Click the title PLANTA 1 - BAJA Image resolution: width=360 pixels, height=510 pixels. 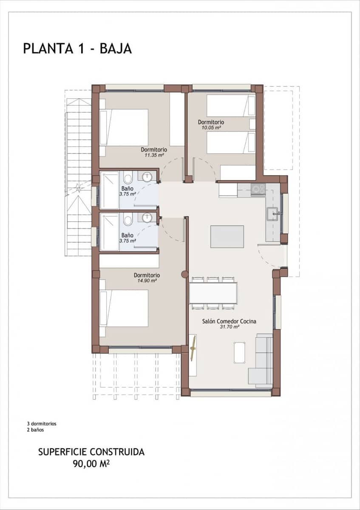77,48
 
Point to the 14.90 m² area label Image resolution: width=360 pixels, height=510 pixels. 147,280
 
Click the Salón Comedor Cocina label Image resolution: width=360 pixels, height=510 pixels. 229,321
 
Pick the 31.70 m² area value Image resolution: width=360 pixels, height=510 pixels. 229,327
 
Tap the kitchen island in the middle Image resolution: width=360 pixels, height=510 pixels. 227,237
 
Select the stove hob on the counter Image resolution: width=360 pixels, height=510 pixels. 258,189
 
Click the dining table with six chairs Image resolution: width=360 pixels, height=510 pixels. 213,293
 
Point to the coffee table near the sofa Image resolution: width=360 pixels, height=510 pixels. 240,352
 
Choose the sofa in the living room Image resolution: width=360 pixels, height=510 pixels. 262,360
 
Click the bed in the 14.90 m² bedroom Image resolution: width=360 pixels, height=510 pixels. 124,308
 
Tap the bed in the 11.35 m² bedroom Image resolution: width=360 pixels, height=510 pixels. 124,127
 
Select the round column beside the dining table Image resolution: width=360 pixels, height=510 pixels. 184,275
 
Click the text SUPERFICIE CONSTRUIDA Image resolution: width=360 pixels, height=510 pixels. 91,452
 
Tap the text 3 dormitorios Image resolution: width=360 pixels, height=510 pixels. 42,424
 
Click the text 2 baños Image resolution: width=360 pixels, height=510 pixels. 35,430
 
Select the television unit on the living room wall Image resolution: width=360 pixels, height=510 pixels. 193,355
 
